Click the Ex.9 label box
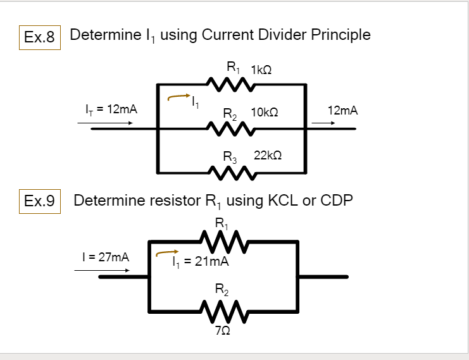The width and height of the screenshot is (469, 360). pos(39,202)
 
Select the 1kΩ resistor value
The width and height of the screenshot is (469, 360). pos(261,70)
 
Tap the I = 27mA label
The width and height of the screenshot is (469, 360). pos(106,258)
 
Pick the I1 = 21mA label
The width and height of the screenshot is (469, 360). pos(200,262)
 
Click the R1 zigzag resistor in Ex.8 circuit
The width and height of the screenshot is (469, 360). pos(231,84)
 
